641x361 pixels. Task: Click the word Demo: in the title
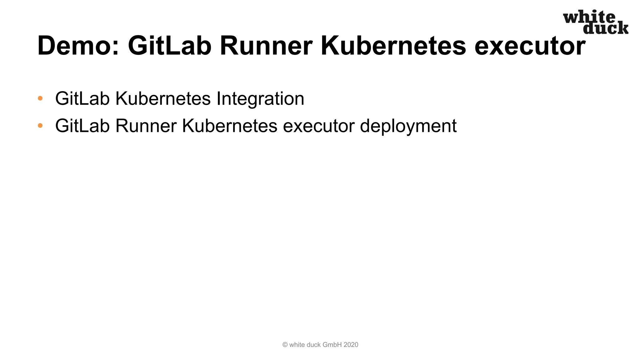click(x=78, y=46)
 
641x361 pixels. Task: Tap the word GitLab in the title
click(x=169, y=46)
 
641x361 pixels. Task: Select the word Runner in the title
click(x=266, y=46)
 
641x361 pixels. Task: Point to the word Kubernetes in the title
click(x=393, y=46)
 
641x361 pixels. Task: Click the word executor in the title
click(x=530, y=46)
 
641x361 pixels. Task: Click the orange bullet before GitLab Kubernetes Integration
click(x=40, y=98)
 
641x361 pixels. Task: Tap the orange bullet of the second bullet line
click(x=40, y=126)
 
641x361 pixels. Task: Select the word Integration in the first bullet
click(x=260, y=99)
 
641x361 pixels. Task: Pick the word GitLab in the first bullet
click(x=82, y=99)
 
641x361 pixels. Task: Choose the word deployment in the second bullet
click(x=408, y=126)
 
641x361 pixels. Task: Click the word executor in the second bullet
click(x=319, y=126)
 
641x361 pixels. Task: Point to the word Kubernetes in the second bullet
click(x=230, y=126)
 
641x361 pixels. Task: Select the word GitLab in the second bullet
click(x=82, y=126)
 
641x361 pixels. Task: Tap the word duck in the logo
click(x=606, y=28)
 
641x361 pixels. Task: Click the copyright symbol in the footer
click(x=285, y=345)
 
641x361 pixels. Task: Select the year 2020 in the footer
click(x=351, y=345)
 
